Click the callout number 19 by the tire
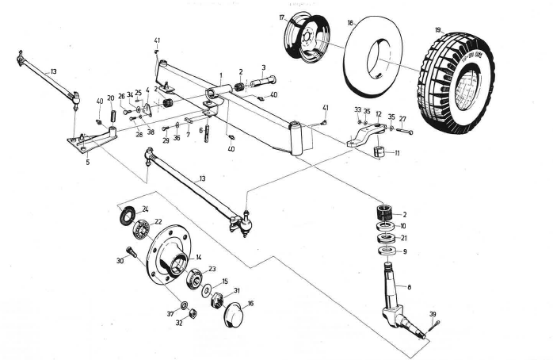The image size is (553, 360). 437,30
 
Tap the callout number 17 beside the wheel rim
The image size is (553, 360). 281,17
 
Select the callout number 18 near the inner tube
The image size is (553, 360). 349,24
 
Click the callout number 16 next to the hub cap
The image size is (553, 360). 250,303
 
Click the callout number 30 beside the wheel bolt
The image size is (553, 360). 119,260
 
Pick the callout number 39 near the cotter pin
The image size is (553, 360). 433,315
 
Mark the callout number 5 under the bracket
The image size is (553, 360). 87,162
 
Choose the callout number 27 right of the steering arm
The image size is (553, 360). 402,118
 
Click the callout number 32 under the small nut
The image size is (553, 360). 178,324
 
